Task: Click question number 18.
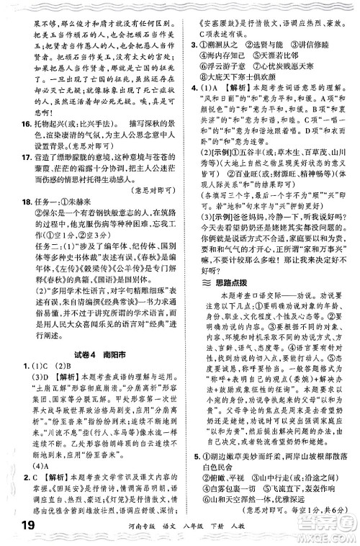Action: pos(20,241)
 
